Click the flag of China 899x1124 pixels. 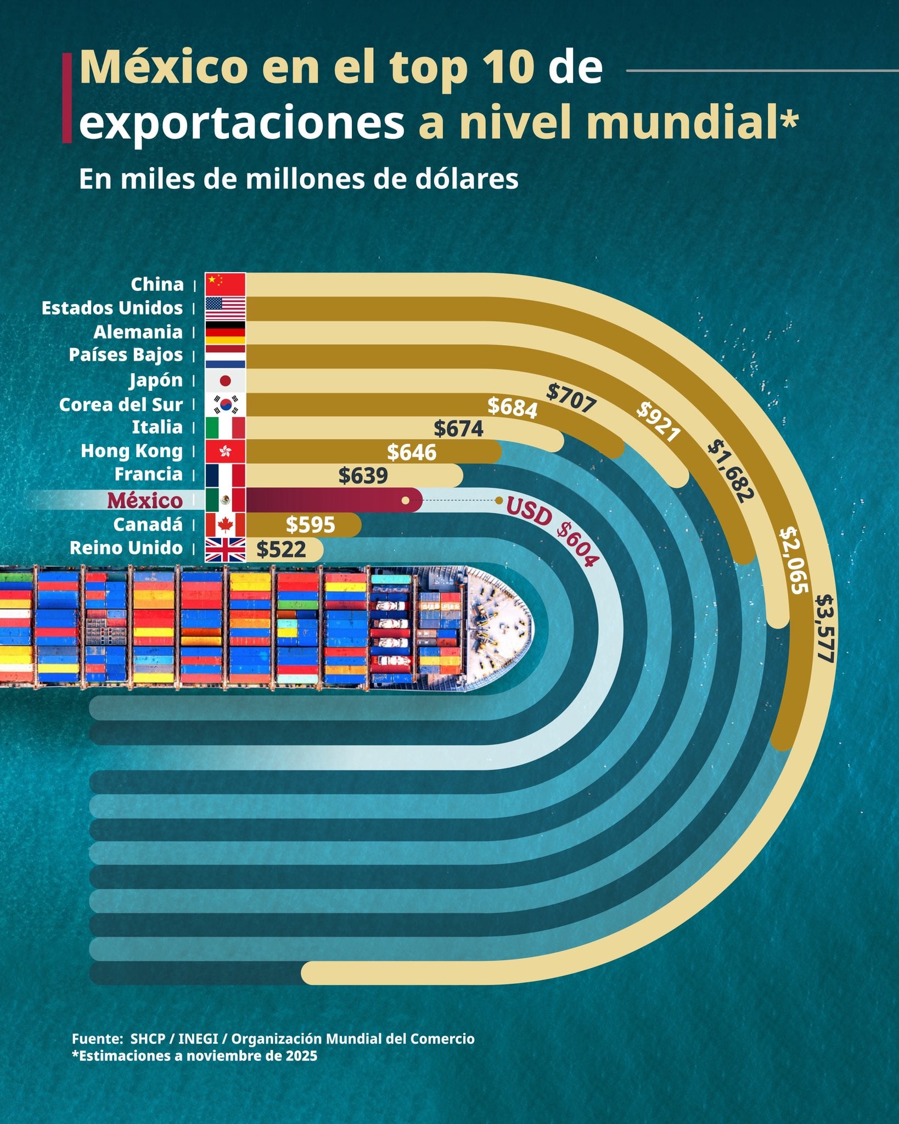[x=225, y=284]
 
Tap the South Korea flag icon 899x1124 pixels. [x=225, y=404]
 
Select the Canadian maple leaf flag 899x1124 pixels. [x=225, y=525]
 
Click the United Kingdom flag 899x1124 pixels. [x=225, y=549]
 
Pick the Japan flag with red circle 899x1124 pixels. [x=225, y=380]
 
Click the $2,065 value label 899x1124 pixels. [x=794, y=559]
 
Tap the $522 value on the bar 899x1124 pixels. [x=281, y=549]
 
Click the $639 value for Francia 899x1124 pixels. [x=363, y=475]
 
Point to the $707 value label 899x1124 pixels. [x=571, y=398]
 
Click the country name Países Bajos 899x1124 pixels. [x=126, y=355]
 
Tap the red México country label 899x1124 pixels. [x=145, y=501]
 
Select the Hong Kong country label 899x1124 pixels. [x=132, y=451]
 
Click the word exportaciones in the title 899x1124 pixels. [x=241, y=123]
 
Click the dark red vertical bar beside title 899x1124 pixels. [x=67, y=98]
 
